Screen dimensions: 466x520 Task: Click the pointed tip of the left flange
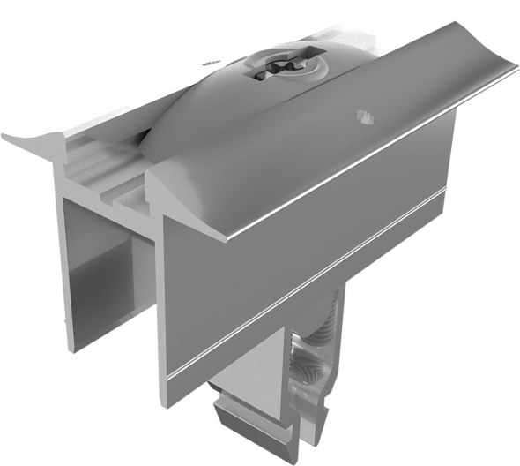(7, 137)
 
